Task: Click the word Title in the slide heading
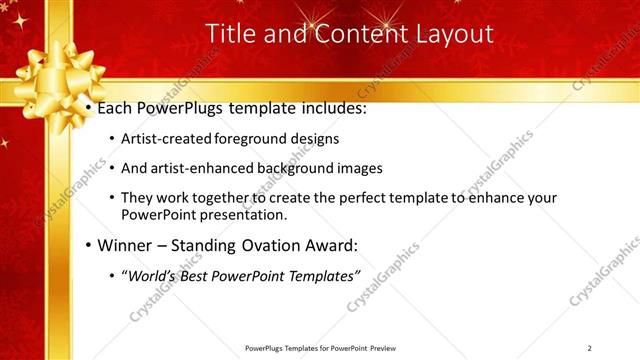pyautogui.click(x=228, y=34)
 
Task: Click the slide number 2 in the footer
pyautogui.click(x=589, y=348)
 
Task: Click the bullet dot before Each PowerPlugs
pyautogui.click(x=89, y=106)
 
